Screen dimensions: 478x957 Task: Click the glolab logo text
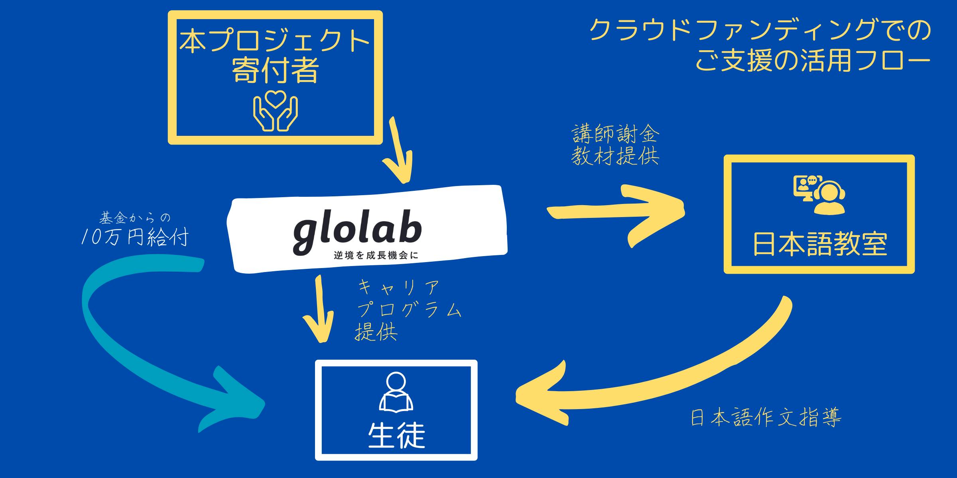pyautogui.click(x=357, y=233)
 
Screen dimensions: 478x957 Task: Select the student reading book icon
pyautogui.click(x=396, y=392)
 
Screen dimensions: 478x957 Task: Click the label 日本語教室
pyautogui.click(x=819, y=244)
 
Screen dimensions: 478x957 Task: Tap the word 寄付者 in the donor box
pyautogui.click(x=275, y=71)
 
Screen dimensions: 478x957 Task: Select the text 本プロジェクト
pyautogui.click(x=275, y=41)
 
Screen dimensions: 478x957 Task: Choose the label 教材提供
pyautogui.click(x=615, y=156)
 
